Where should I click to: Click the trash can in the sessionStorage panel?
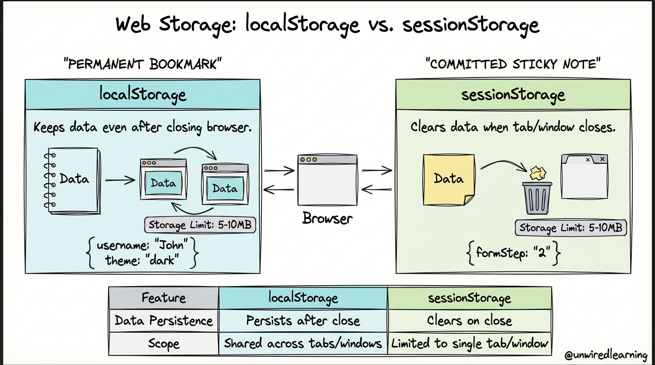click(537, 198)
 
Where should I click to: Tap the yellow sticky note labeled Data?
click(449, 180)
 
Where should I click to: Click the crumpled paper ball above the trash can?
click(538, 173)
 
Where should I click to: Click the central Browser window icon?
click(327, 180)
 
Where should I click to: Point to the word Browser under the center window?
click(327, 219)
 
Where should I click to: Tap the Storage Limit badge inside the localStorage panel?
click(200, 225)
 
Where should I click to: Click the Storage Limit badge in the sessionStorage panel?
click(571, 228)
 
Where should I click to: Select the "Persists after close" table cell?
click(303, 321)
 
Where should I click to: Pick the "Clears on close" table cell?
click(470, 321)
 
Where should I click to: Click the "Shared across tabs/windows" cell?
click(303, 344)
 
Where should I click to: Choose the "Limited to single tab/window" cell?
click(470, 344)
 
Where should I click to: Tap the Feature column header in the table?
click(164, 298)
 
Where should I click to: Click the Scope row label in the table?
click(164, 344)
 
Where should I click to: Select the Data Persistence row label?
click(164, 321)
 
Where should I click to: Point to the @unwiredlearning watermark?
click(606, 355)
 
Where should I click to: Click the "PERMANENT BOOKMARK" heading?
click(143, 64)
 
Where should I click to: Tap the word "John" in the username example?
click(171, 245)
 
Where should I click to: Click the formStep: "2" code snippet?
click(514, 253)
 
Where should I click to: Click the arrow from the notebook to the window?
click(120, 180)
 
